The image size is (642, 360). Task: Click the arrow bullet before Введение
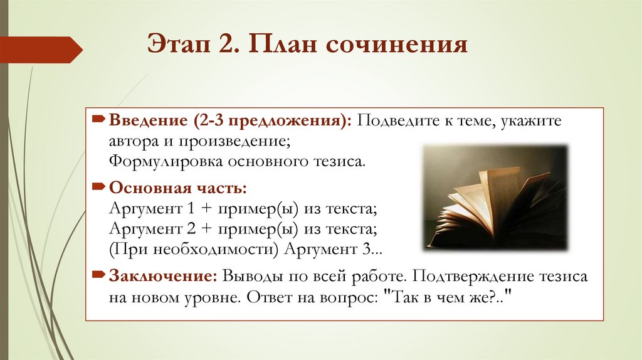click(100, 119)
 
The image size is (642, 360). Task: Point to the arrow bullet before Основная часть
click(100, 188)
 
